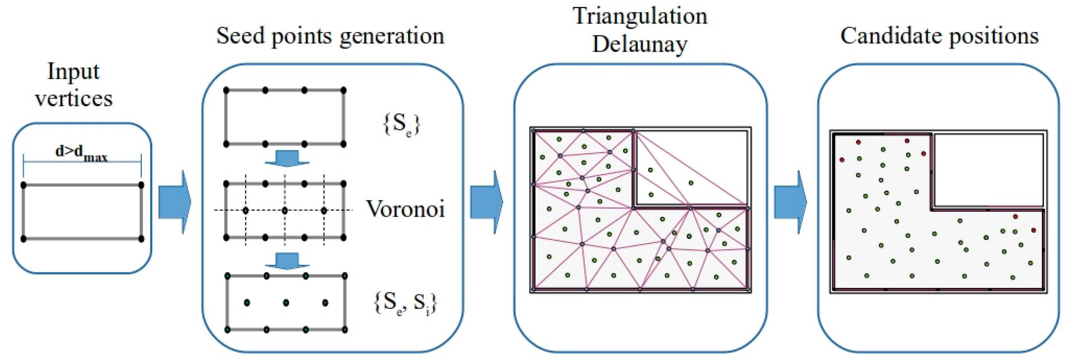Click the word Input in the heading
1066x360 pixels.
73,72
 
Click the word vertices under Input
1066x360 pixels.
74,98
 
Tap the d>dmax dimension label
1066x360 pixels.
82,153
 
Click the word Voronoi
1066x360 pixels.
405,209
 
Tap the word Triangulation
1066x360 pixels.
640,16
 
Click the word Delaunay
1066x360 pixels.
640,44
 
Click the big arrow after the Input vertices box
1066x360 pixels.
175,202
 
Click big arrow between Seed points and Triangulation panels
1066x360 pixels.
486,202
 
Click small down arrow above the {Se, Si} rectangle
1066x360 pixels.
287,261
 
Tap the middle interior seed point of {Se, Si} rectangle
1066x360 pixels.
286,303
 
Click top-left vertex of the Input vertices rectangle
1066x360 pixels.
23,185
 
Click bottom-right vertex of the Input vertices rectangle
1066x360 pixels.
141,239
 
